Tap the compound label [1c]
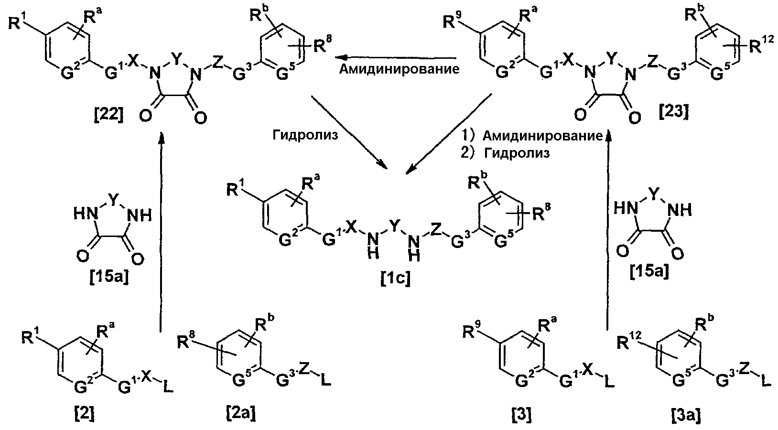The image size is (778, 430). tap(395, 279)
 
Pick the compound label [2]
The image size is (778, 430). tap(85, 414)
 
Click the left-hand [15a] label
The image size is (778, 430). tap(109, 278)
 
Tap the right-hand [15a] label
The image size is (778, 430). tap(649, 272)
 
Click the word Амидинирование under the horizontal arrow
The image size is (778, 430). tap(399, 69)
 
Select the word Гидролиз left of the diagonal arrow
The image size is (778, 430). tap(305, 134)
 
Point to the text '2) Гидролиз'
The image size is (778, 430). tap(505, 153)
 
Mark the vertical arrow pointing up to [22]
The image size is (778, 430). tap(161, 232)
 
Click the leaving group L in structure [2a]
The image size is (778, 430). tap(325, 380)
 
